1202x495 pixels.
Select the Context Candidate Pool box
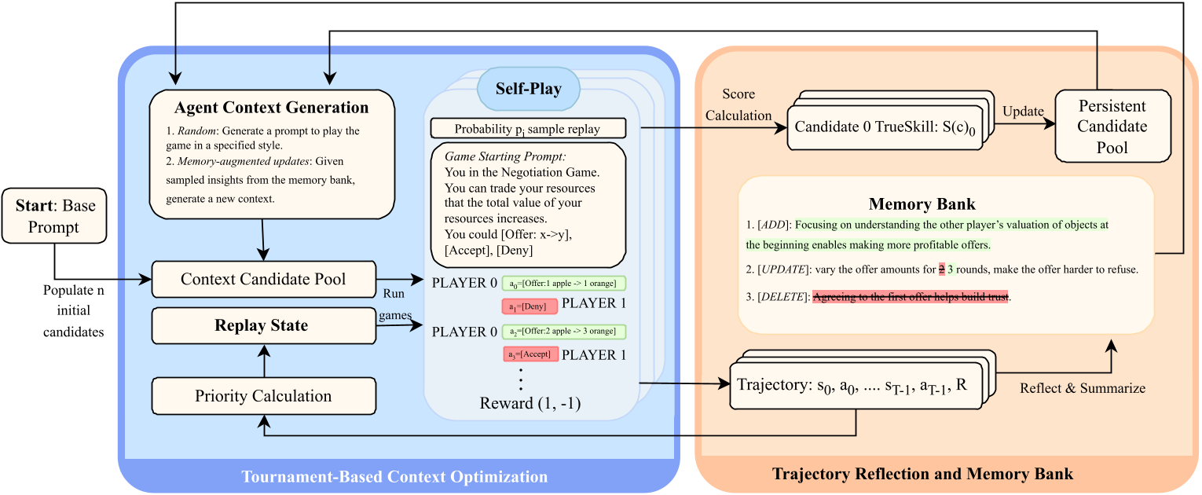pyautogui.click(x=263, y=280)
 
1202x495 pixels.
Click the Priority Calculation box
pyautogui.click(x=263, y=396)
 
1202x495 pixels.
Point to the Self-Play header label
pyautogui.click(x=528, y=89)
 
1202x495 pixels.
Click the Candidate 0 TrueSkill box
pyautogui.click(x=885, y=126)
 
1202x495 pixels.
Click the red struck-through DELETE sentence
pyautogui.click(x=910, y=296)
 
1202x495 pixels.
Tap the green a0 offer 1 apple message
pyautogui.click(x=563, y=283)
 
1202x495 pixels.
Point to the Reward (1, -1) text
pyautogui.click(x=530, y=404)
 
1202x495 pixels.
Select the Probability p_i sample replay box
pyautogui.click(x=527, y=129)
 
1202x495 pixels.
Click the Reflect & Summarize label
pyautogui.click(x=1082, y=388)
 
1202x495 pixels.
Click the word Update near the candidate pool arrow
pyautogui.click(x=1022, y=112)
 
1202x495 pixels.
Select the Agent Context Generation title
pyautogui.click(x=271, y=108)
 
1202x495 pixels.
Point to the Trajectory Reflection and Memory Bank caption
pyautogui.click(x=922, y=474)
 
